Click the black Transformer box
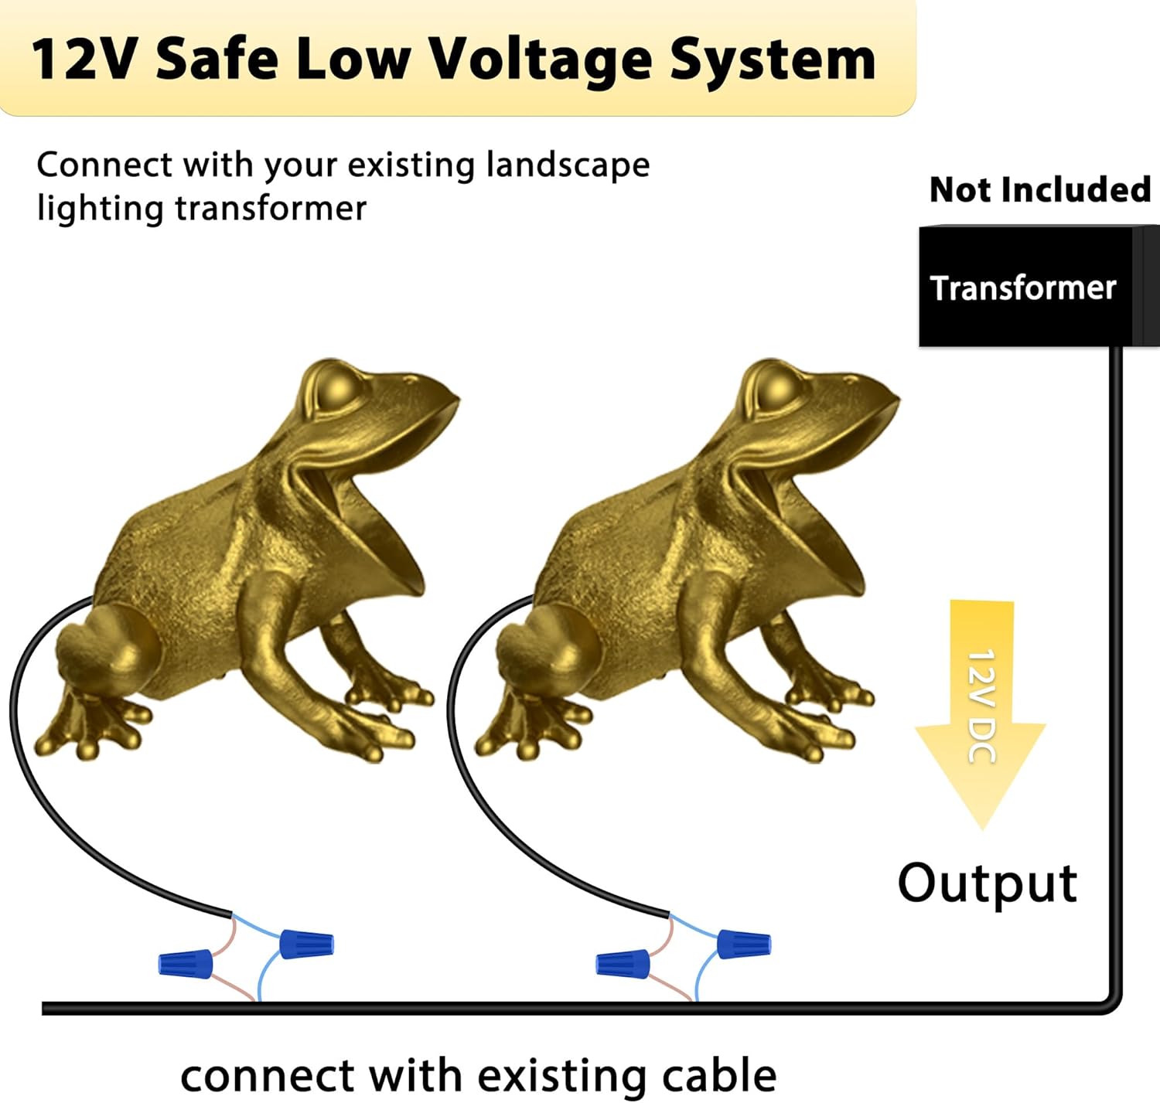tap(1029, 287)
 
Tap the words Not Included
tap(1039, 189)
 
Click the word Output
tap(987, 883)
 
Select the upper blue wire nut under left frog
tap(306, 944)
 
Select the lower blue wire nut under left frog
tap(186, 963)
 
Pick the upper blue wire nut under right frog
tap(744, 944)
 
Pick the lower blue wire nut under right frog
tap(623, 964)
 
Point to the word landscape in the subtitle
tap(568, 165)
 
